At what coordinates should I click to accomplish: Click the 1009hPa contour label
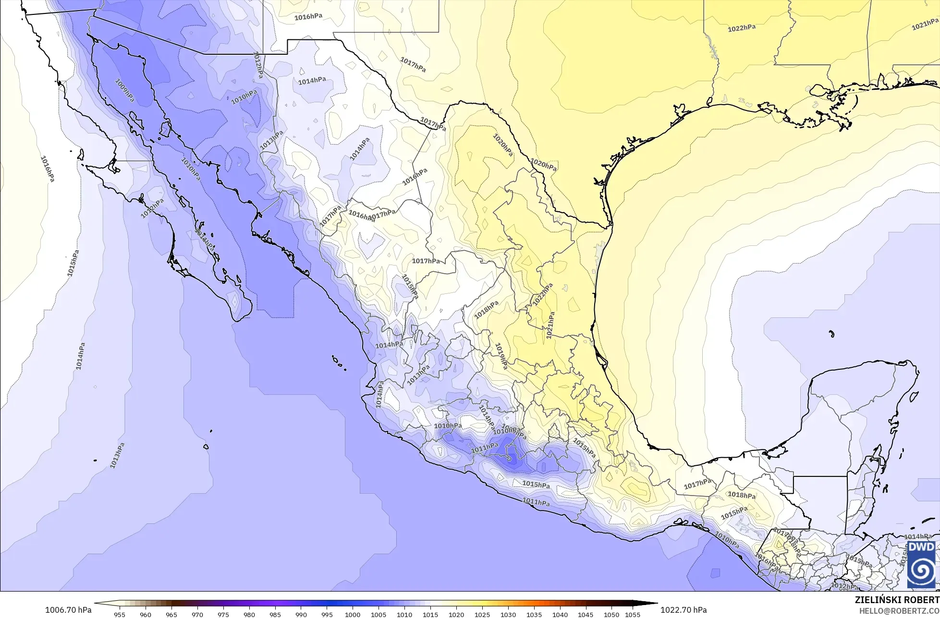click(x=124, y=90)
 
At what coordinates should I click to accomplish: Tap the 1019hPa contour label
click(x=501, y=356)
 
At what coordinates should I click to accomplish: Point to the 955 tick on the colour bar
click(x=120, y=614)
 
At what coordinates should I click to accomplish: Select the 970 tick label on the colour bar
click(x=197, y=614)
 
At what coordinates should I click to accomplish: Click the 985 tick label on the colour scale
click(x=275, y=614)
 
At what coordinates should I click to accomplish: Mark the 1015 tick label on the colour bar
click(x=430, y=614)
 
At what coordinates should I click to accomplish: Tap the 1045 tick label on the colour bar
click(x=586, y=614)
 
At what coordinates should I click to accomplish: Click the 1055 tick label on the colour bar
click(x=633, y=614)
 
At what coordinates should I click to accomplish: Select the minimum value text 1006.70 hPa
click(x=68, y=610)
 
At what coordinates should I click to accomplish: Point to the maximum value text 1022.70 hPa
click(x=684, y=610)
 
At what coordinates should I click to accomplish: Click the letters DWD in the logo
click(x=921, y=547)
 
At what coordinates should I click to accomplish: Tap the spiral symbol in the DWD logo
click(x=921, y=570)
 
